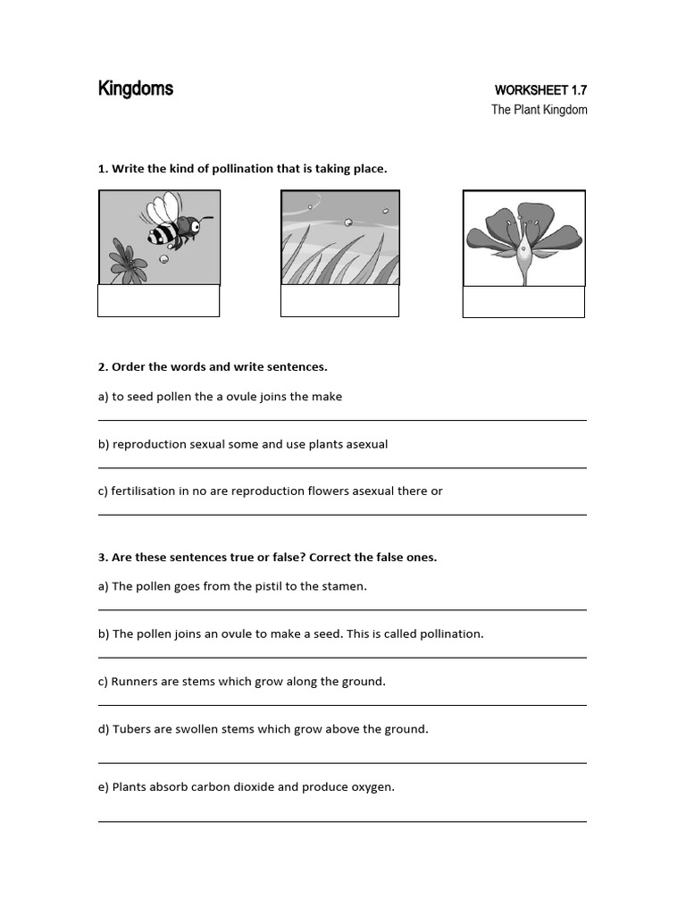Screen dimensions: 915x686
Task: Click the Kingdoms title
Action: coord(136,88)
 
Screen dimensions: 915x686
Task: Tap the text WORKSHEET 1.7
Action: coord(541,90)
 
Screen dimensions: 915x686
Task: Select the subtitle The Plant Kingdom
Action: coord(540,110)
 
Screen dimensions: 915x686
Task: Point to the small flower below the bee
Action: coord(129,262)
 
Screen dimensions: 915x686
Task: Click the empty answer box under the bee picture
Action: coord(158,301)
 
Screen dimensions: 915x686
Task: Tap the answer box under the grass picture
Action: coord(339,301)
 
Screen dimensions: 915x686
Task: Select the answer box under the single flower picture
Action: coord(523,302)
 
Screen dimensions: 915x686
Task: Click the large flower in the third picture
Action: coord(523,238)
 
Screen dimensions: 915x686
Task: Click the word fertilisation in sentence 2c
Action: coord(144,491)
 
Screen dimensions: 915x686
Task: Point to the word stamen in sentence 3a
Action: coord(344,586)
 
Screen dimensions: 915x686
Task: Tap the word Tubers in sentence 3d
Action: coord(131,728)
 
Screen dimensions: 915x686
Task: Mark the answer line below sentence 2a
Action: coord(342,419)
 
